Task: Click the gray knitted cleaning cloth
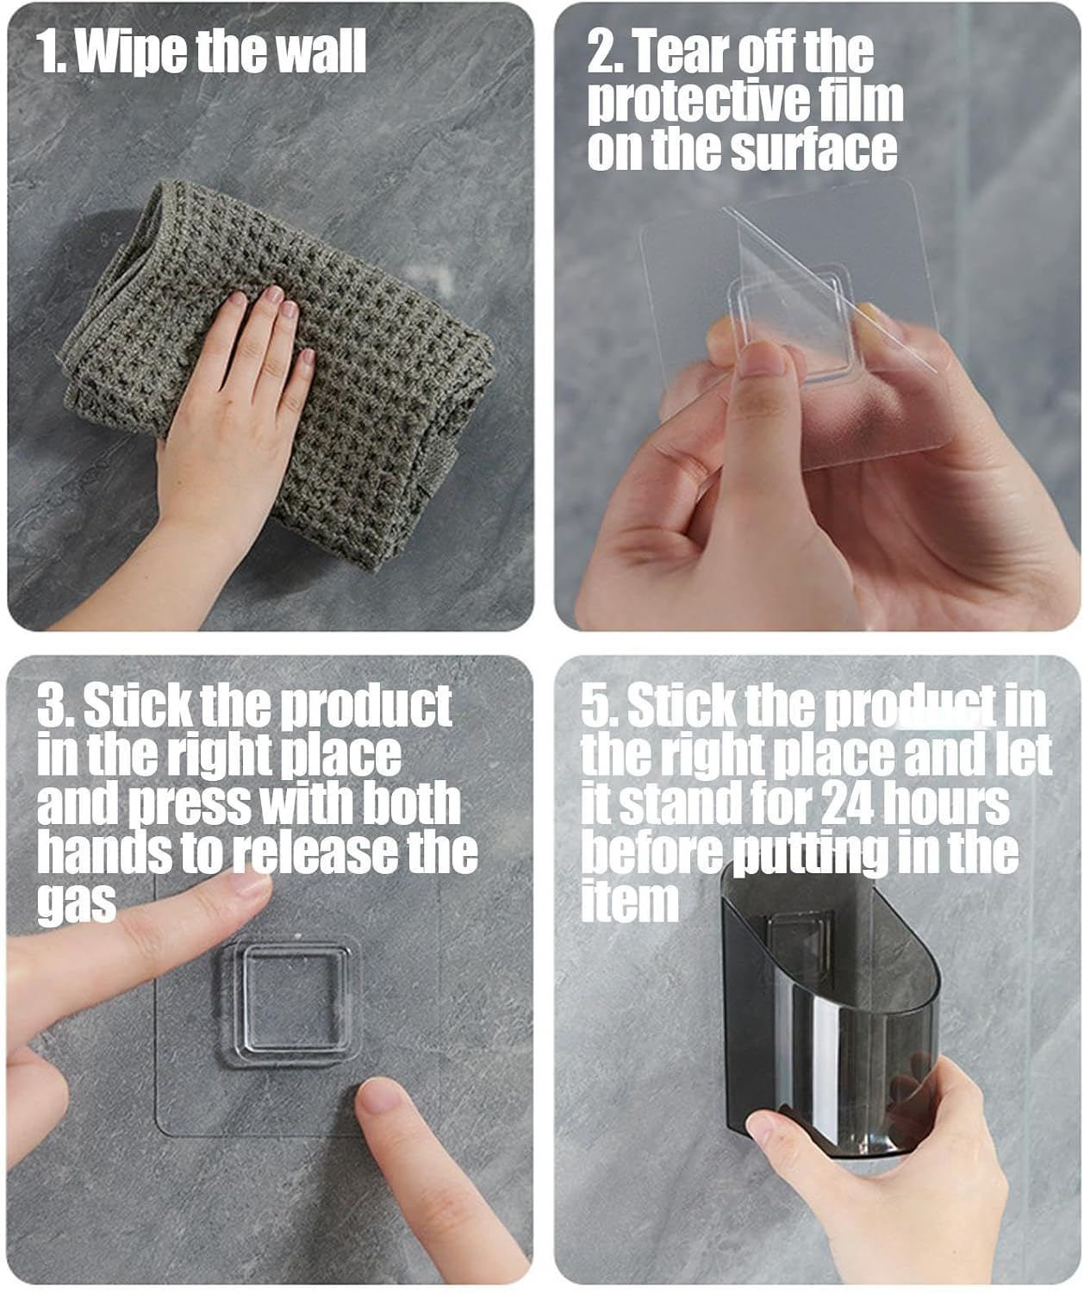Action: coord(278,372)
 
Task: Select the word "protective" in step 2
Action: coord(697,100)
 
